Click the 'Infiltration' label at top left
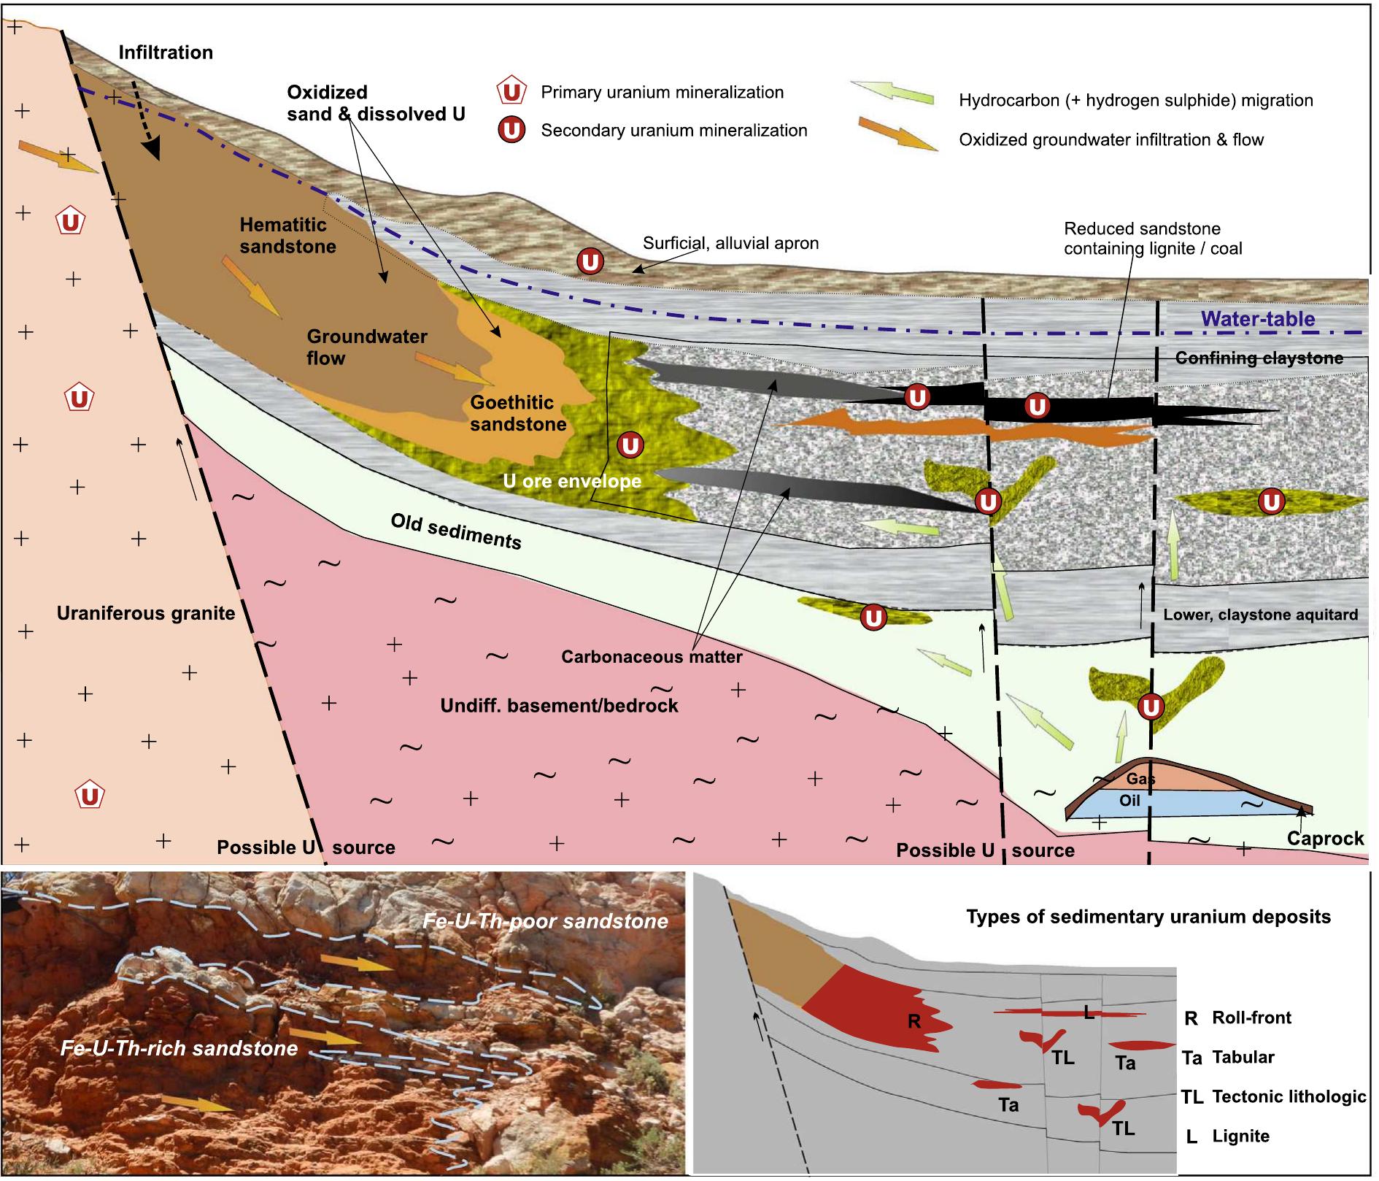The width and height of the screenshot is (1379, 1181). pos(166,53)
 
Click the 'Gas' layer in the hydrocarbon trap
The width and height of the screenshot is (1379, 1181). pos(1140,779)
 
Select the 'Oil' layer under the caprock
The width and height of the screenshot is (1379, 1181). pos(1129,801)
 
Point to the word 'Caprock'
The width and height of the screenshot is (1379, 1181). pos(1325,838)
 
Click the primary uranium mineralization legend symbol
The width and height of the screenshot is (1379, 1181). pos(512,93)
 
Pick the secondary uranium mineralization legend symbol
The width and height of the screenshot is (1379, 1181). pos(512,131)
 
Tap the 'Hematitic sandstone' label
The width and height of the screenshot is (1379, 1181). pos(287,235)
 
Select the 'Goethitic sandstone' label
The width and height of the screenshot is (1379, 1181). pos(517,412)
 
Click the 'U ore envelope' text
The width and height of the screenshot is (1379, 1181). pos(572,481)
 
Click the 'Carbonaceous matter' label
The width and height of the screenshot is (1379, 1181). pos(651,657)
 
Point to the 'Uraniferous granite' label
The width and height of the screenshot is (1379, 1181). pos(146,613)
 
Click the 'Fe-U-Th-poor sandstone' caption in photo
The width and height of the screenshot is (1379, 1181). pos(544,921)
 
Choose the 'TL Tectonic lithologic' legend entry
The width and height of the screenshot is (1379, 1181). pos(1273,1096)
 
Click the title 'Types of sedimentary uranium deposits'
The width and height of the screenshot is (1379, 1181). pos(1148,917)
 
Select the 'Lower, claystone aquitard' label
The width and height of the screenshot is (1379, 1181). pos(1260,615)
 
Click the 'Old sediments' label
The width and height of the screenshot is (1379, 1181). pos(455,531)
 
